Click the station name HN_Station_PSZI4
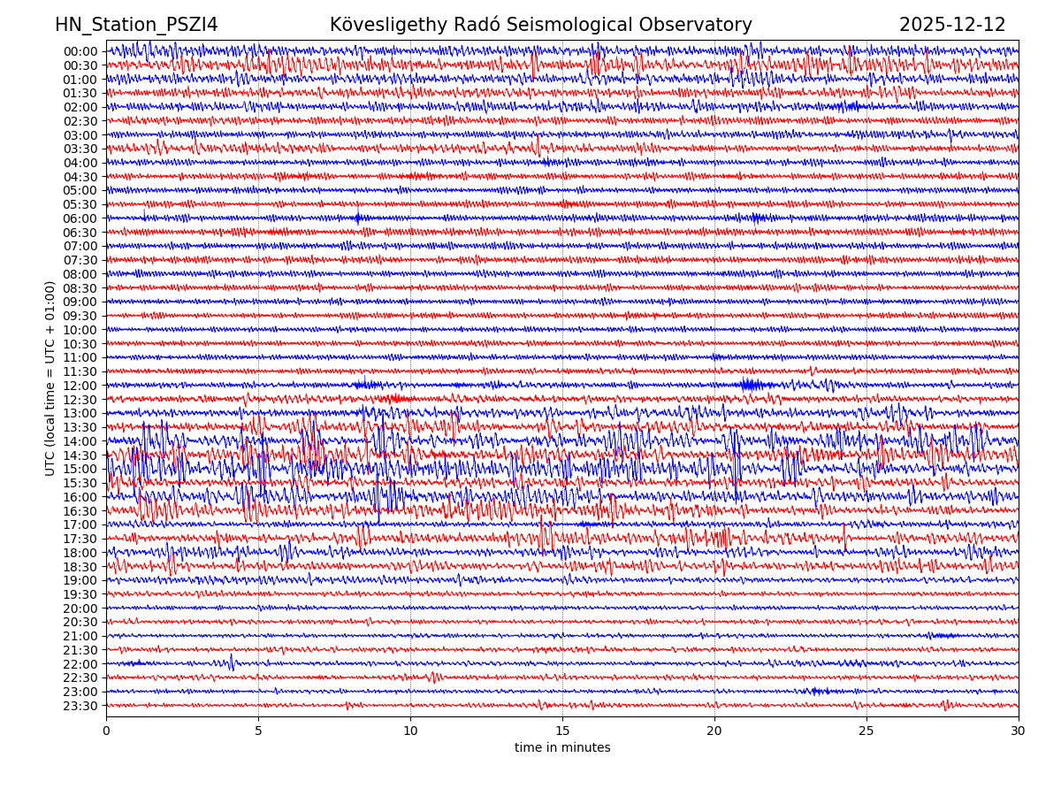136,25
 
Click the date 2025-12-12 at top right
952,25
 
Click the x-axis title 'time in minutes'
562,747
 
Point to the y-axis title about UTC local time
50,378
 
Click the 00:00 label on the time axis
80,51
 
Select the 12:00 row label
80,386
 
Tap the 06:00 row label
80,218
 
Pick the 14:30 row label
80,455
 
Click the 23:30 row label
80,706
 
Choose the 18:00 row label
80,553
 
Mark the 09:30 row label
80,316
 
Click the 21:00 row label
80,636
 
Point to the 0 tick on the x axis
106,731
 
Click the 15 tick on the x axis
562,731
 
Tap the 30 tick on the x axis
1019,731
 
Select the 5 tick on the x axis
258,731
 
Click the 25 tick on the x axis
866,731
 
